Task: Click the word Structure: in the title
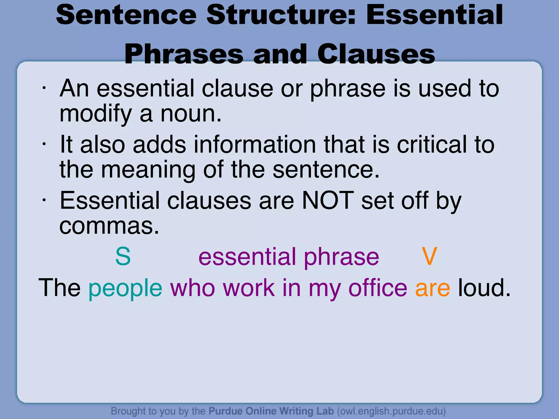pyautogui.click(x=281, y=15)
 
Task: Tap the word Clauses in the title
pyautogui.click(x=376, y=55)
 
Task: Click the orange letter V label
pyautogui.click(x=429, y=256)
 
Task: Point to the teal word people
pyautogui.click(x=125, y=289)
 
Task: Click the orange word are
pyautogui.click(x=432, y=289)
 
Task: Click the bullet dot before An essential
pyautogui.click(x=44, y=88)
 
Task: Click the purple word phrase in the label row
pyautogui.click(x=341, y=257)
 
